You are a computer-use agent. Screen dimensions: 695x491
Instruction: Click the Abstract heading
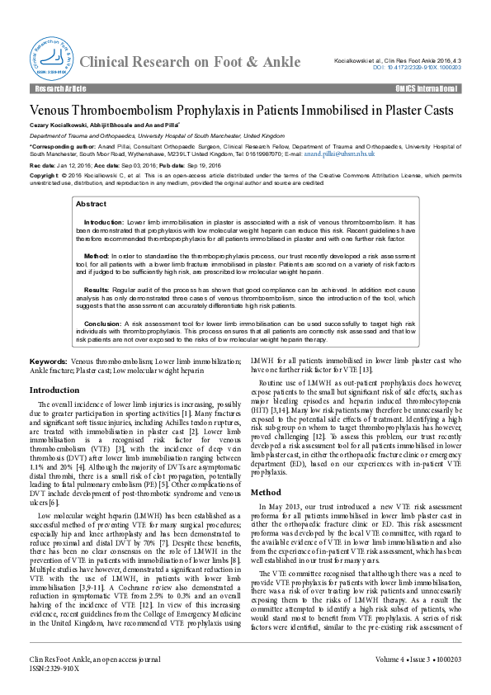(x=91, y=203)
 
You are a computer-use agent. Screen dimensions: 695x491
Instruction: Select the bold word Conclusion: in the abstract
(x=102, y=324)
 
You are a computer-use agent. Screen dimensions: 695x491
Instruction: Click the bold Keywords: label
(x=49, y=362)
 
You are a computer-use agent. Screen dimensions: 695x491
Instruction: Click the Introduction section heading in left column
(x=54, y=390)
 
